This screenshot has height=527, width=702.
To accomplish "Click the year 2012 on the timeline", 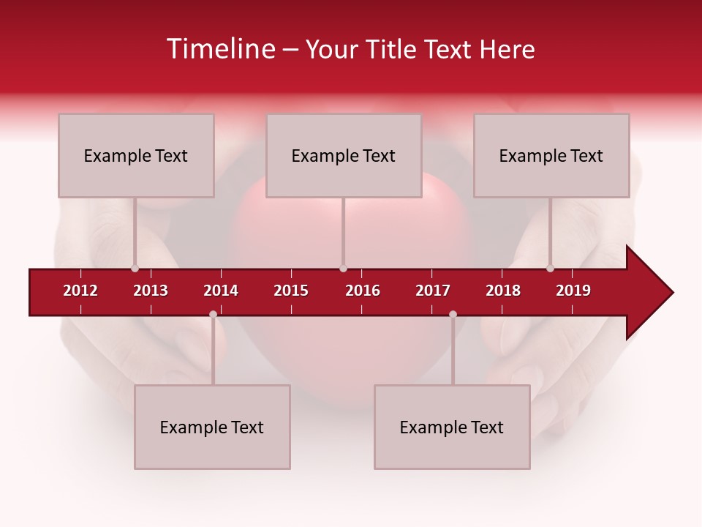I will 80,291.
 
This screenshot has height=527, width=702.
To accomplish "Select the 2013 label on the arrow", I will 151,291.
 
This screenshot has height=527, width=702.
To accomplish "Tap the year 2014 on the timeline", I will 221,291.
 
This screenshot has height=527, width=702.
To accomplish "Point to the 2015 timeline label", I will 291,291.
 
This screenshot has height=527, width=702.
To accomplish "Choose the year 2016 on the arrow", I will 363,291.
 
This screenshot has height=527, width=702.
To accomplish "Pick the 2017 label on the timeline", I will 433,291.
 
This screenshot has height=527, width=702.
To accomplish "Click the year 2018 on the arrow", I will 503,291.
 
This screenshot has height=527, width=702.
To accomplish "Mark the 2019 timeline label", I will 573,291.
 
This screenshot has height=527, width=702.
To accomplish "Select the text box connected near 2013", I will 136,155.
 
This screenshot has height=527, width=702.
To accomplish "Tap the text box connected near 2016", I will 344,155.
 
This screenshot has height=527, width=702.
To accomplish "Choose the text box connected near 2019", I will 551,155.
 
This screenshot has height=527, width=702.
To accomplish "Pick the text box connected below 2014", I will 212,427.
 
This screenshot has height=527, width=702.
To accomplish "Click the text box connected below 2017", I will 452,427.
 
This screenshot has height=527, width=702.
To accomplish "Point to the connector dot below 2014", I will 213,314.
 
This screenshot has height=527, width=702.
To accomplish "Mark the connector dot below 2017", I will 453,314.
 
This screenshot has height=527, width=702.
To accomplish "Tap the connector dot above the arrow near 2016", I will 343,269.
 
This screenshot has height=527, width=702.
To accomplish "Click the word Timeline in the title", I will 219,49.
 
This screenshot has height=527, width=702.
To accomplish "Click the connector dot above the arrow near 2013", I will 135,269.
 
